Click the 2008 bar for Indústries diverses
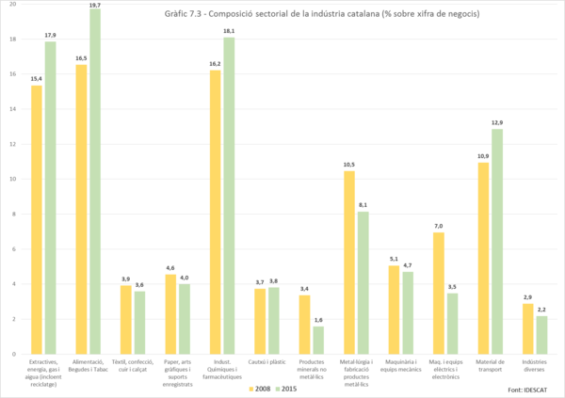pos(528,328)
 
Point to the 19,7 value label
pos(95,5)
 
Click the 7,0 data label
pos(438,226)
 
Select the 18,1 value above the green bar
pos(230,31)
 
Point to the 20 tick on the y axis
pos(12,6)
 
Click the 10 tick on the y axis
pos(12,180)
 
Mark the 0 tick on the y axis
pos(13,354)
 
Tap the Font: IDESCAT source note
pos(529,389)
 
